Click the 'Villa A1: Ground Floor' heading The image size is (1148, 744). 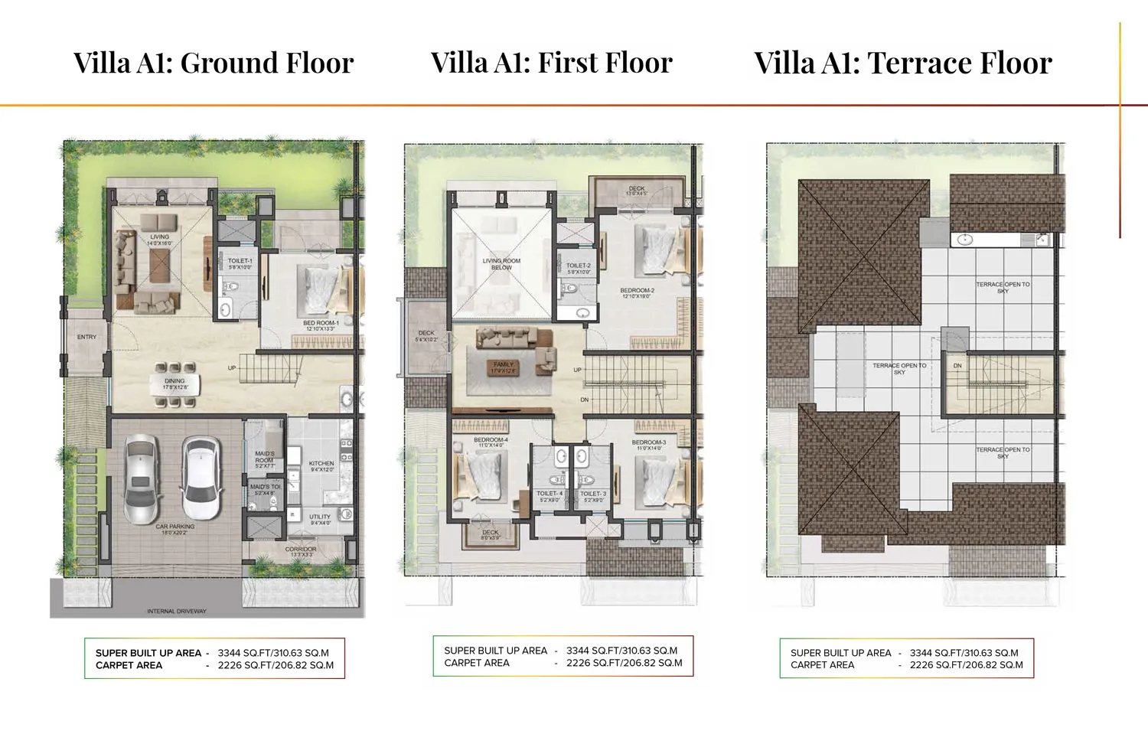(x=214, y=63)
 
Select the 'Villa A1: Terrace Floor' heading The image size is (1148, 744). (x=903, y=63)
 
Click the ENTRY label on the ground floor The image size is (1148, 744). (x=86, y=337)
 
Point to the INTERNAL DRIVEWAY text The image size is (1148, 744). (x=177, y=612)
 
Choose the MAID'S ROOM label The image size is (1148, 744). (x=265, y=457)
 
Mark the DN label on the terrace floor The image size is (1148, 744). (x=957, y=366)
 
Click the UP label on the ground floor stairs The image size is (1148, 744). (x=232, y=368)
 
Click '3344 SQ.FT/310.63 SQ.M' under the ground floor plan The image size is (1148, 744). (x=273, y=653)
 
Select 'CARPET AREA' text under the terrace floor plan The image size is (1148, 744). (x=822, y=665)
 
